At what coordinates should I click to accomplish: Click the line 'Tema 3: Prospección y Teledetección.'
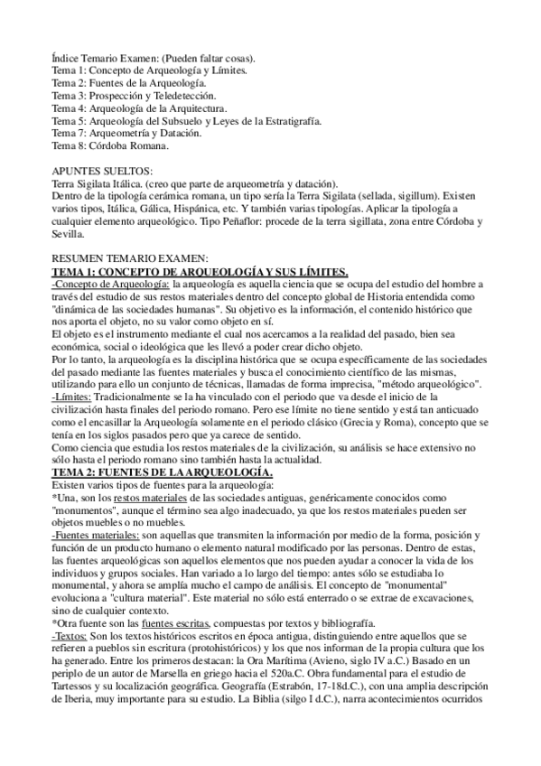coord(135,95)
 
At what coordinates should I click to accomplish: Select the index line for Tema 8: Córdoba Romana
coord(110,145)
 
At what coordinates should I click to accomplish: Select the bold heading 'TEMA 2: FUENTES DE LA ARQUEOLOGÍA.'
coord(170,472)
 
